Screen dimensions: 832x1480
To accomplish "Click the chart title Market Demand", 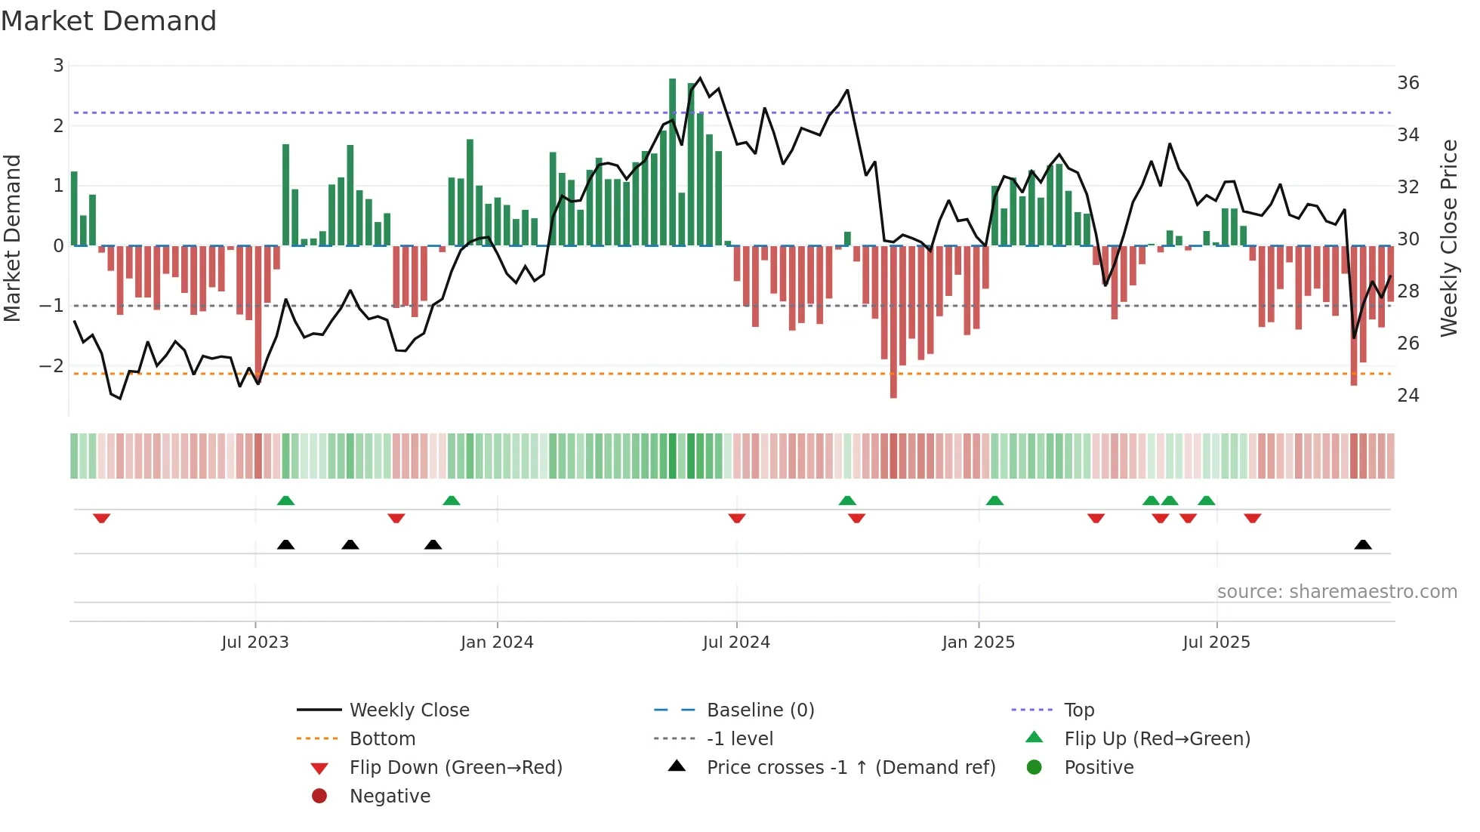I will pos(109,21).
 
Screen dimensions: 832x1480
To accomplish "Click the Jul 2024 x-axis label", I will pos(736,642).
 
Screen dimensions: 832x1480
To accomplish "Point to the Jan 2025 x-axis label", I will pos(978,642).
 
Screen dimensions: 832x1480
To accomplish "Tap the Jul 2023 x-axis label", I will pos(255,642).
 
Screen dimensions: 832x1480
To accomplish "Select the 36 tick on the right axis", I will pos(1408,83).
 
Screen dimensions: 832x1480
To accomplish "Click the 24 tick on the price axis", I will pos(1408,396).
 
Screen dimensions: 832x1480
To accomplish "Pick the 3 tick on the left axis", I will pos(58,66).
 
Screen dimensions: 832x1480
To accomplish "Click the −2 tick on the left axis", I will pos(51,366).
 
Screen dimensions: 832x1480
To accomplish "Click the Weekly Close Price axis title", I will pos(1448,238).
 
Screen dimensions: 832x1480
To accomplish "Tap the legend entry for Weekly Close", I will pos(409,710).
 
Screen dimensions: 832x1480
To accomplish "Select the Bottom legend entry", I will pos(382,739).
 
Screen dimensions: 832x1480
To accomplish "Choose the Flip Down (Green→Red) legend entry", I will pos(455,768).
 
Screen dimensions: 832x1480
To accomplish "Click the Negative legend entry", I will pos(390,797).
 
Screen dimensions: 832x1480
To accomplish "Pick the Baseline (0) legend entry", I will pos(760,710).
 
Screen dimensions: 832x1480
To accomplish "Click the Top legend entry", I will pos(1079,710).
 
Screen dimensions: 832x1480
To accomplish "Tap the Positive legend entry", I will pos(1099,768).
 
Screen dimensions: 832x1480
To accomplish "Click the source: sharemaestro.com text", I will pos(1337,592).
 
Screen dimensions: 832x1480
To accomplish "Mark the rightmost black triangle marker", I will pos(1363,545).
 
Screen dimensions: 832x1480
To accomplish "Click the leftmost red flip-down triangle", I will pos(102,518).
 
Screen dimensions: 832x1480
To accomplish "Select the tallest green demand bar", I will pos(673,162).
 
